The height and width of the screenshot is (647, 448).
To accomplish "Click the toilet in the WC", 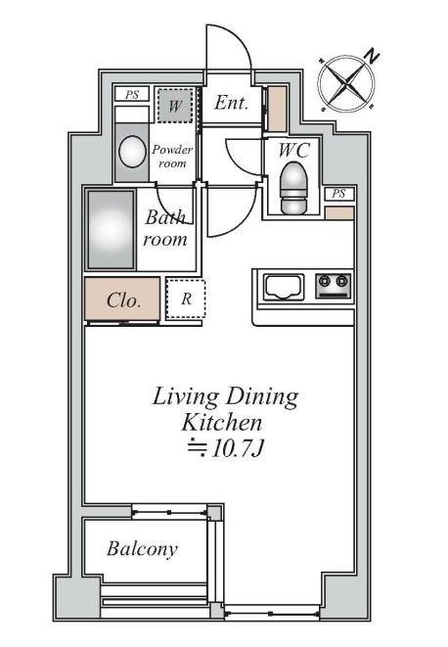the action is click(x=293, y=188).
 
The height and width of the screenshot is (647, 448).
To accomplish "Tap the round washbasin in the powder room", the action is click(x=132, y=152).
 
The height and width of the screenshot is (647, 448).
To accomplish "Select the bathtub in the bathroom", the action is click(x=111, y=230).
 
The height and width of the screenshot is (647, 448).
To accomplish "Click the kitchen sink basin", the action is click(x=284, y=287).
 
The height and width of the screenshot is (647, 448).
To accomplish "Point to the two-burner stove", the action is click(x=334, y=286).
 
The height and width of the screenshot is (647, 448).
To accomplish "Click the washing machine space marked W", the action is click(x=175, y=106).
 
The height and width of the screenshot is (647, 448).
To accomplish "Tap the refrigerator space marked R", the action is click(x=186, y=299).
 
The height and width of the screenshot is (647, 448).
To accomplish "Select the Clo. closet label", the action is click(x=123, y=300).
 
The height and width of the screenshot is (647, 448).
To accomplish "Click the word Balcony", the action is click(x=142, y=549).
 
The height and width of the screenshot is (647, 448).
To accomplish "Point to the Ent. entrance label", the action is click(x=231, y=103).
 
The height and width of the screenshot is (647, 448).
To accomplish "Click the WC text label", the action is click(x=293, y=150).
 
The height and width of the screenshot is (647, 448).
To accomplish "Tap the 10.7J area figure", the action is click(x=237, y=448).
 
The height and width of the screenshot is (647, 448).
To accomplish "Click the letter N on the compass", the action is click(x=373, y=56).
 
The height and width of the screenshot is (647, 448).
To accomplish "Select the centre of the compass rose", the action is click(x=345, y=83).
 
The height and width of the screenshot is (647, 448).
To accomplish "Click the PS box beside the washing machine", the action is click(x=132, y=95).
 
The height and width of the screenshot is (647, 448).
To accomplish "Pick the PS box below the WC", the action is click(x=338, y=194).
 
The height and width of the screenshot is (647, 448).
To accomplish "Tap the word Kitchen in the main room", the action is click(x=221, y=423).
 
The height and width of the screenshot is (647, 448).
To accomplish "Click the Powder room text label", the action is click(x=172, y=156).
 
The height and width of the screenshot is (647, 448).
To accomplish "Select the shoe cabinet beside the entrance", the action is click(x=277, y=109).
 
